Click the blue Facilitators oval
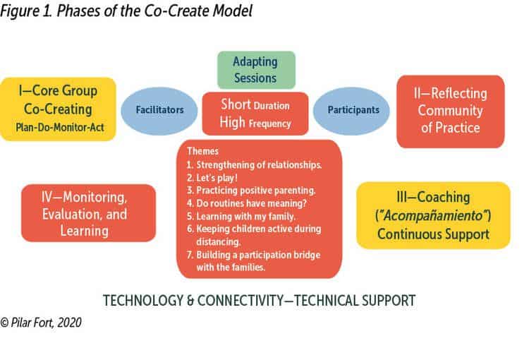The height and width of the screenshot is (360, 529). [x=159, y=111]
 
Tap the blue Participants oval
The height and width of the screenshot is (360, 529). [x=351, y=111]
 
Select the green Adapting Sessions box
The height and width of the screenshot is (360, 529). [x=256, y=70]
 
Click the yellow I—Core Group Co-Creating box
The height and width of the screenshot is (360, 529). [x=59, y=109]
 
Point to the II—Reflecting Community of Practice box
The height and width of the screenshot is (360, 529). [x=451, y=112]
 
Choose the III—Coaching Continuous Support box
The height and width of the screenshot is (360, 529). [x=433, y=215]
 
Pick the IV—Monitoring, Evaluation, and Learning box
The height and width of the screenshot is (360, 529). [x=88, y=213]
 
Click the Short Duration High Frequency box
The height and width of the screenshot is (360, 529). [x=255, y=114]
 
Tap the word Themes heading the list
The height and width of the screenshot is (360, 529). [x=202, y=151]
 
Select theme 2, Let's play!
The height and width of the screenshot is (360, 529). [x=212, y=178]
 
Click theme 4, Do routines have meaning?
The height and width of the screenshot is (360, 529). [x=247, y=203]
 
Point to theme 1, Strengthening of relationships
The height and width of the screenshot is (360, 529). [x=254, y=164]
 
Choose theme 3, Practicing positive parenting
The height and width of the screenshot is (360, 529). [x=251, y=191]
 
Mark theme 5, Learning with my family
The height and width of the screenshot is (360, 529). [x=241, y=216]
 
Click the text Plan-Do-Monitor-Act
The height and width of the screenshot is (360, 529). [x=60, y=127]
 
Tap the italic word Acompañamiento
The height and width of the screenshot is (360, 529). [x=433, y=215]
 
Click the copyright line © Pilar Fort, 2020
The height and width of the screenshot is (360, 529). [x=41, y=323]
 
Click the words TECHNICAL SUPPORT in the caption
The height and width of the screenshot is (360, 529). [x=355, y=300]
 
